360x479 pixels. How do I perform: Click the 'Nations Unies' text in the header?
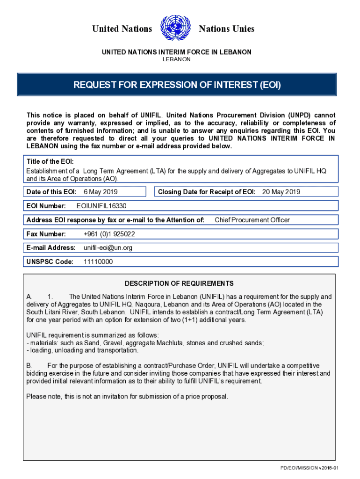click(x=227, y=29)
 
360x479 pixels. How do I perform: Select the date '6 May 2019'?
click(x=101, y=192)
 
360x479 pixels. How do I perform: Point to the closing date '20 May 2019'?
click(x=281, y=192)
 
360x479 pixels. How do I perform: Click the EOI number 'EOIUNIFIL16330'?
click(x=101, y=206)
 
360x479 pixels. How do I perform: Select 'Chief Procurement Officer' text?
click(x=252, y=220)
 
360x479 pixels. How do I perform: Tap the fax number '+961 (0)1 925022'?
click(x=109, y=234)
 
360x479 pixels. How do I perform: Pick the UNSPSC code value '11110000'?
click(x=98, y=262)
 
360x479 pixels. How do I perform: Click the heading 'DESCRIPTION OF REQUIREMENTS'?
click(x=179, y=283)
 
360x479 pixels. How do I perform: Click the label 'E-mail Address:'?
click(x=51, y=248)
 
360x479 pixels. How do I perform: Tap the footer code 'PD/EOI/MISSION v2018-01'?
click(x=309, y=468)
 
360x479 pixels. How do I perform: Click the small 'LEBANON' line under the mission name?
click(x=176, y=60)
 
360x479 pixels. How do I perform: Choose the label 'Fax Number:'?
click(x=46, y=234)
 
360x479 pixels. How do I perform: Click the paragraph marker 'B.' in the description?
click(x=29, y=365)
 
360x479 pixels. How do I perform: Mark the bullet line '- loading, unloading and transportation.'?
click(x=82, y=350)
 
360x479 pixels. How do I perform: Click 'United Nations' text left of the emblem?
click(x=122, y=29)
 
